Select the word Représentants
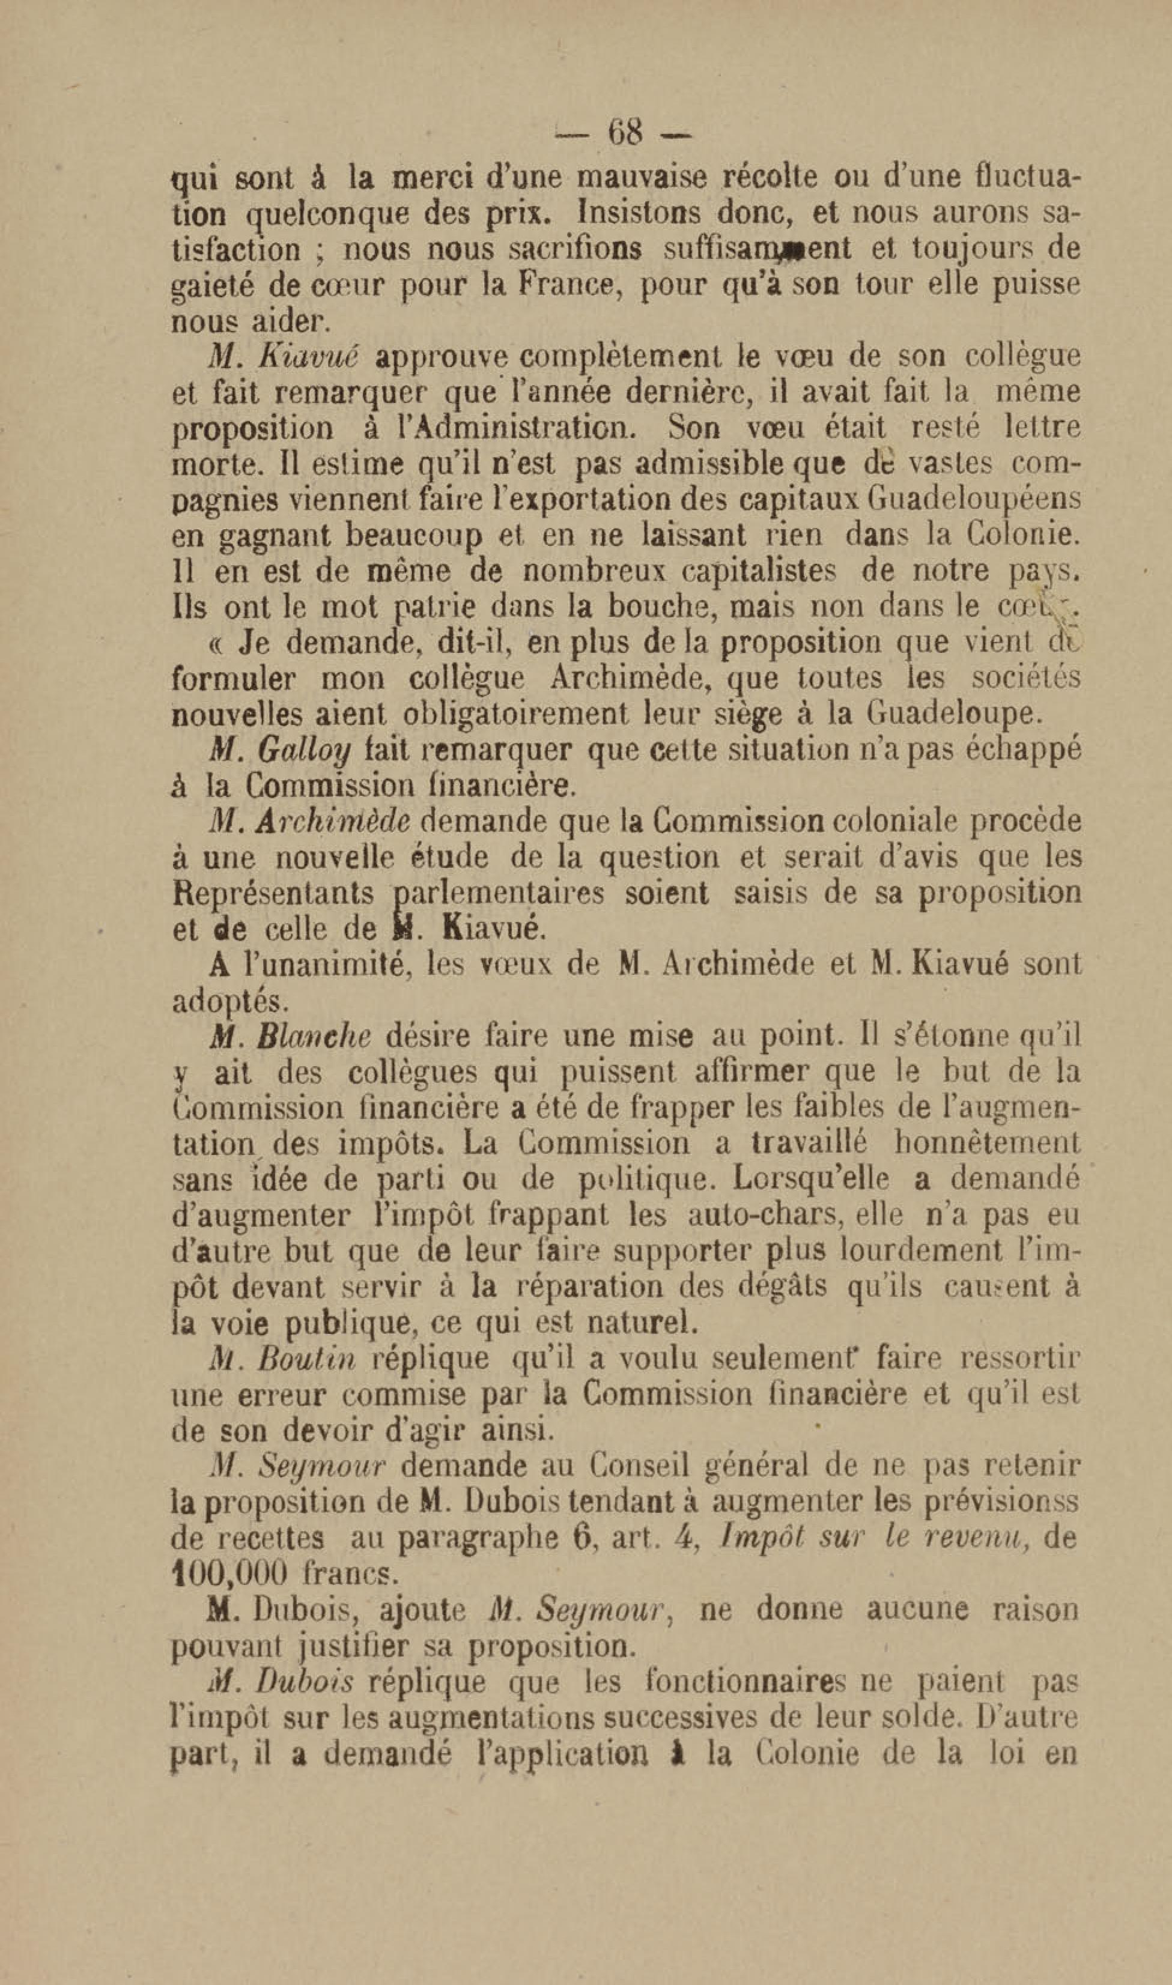(273, 893)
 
